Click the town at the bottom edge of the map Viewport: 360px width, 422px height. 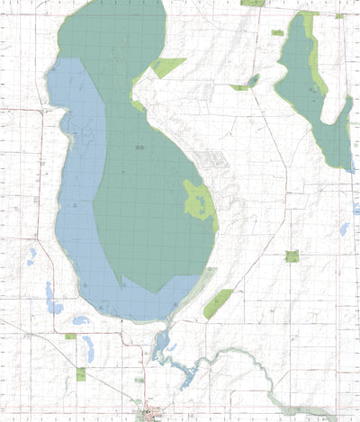[146, 415]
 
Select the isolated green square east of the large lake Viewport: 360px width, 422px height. [292, 256]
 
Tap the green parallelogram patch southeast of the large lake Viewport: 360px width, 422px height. [217, 304]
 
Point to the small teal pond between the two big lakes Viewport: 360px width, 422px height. [253, 81]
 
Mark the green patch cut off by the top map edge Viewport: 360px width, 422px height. [253, 3]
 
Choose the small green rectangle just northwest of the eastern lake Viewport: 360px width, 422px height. [277, 32]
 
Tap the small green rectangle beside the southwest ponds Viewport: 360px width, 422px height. [70, 336]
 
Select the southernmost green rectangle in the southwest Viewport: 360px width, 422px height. [80, 373]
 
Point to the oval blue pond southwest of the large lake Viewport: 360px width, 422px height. [80, 319]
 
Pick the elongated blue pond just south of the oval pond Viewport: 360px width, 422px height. [88, 347]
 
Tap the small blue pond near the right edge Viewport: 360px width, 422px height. [344, 229]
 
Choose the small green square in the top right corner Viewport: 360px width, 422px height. [339, 15]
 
